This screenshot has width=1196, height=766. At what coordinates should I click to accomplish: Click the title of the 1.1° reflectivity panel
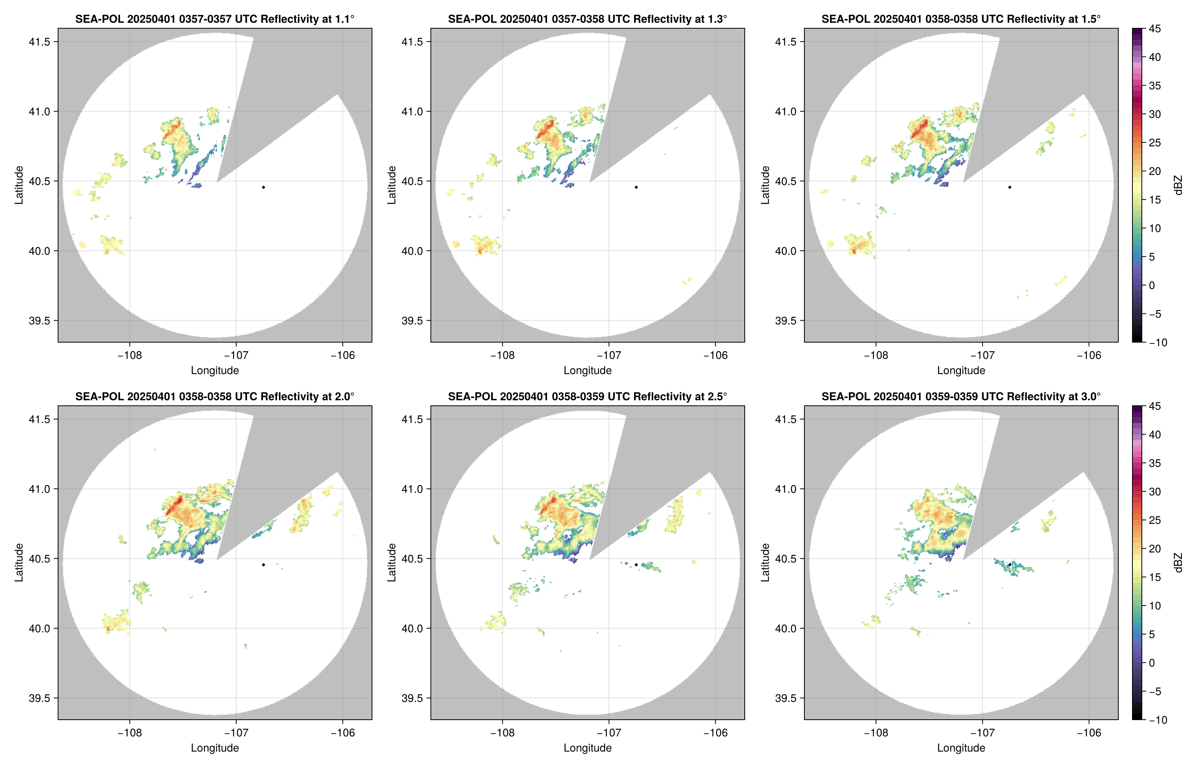(215, 19)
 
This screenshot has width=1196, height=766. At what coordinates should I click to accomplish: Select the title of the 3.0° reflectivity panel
(961, 397)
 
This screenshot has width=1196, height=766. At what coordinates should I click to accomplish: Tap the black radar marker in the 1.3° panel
(636, 188)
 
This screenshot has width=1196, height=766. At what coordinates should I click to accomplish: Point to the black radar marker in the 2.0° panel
(263, 565)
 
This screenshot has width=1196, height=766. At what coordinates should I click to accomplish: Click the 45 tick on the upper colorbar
(1155, 29)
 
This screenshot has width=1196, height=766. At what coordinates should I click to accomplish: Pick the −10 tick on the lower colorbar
(1158, 720)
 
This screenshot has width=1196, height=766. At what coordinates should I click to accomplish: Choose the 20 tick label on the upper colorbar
(1155, 171)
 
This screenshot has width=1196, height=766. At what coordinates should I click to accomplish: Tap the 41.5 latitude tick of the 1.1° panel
(40, 42)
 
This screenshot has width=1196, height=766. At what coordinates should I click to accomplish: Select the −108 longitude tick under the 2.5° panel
(502, 733)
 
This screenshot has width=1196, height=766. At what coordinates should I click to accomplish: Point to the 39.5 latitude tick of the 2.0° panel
(40, 698)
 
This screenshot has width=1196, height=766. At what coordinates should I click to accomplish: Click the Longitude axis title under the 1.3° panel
(587, 370)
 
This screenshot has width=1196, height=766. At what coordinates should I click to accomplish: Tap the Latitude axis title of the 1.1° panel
(19, 185)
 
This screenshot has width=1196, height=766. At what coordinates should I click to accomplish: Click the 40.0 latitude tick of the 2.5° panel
(413, 628)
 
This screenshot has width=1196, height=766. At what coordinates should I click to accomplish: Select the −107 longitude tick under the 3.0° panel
(982, 733)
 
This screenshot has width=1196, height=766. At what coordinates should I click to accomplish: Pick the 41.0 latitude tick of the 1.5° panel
(786, 111)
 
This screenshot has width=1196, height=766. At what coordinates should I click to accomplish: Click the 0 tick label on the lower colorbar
(1152, 663)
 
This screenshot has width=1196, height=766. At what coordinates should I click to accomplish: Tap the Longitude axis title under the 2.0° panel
(215, 748)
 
